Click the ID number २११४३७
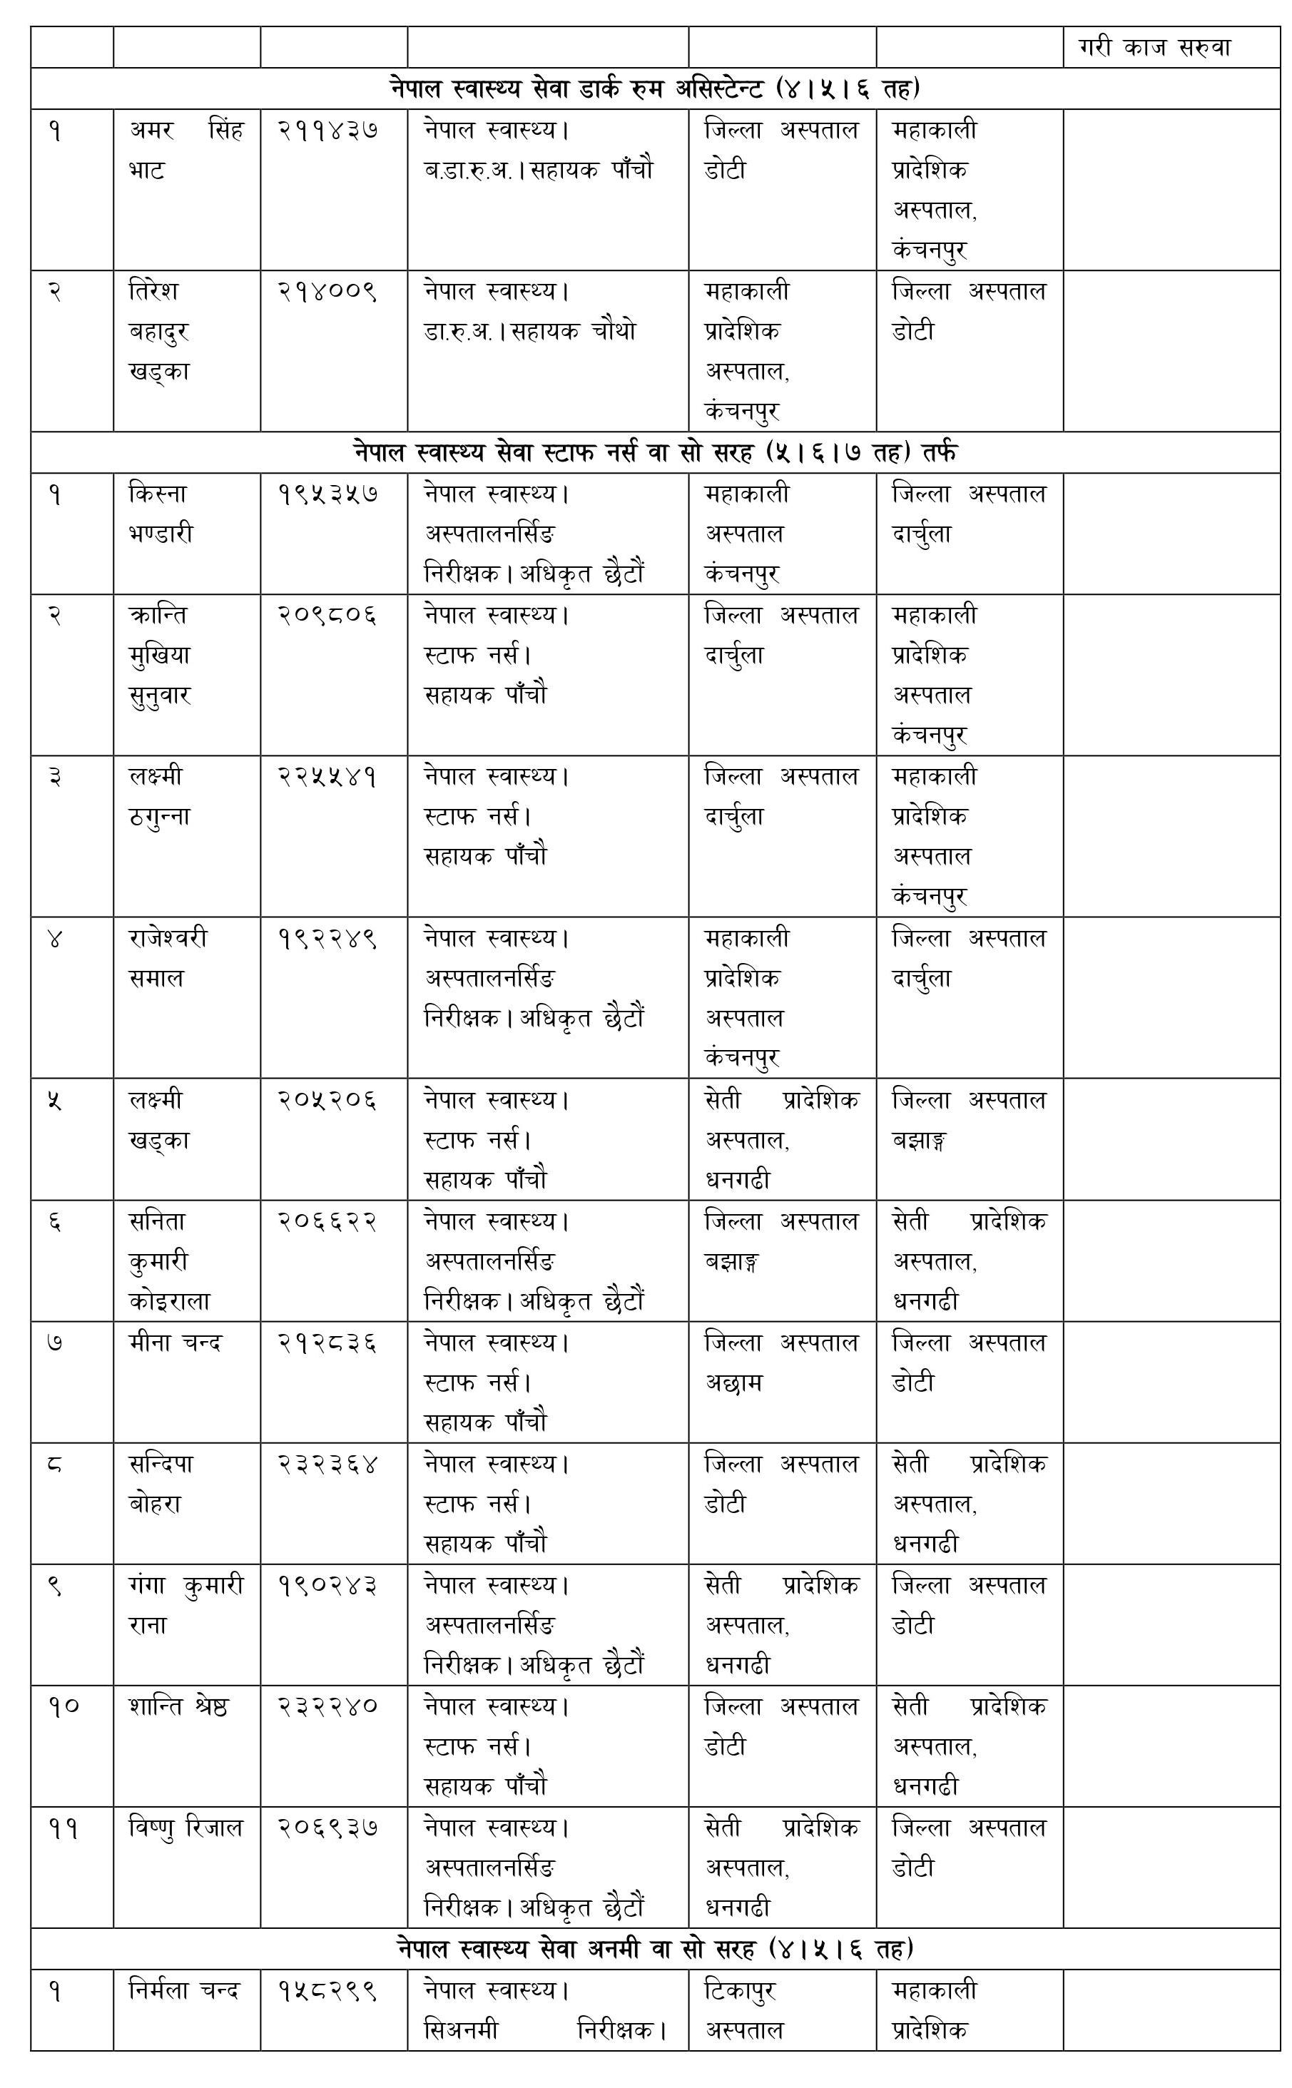(327, 131)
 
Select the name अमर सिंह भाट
(185, 150)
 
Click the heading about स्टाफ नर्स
(654, 452)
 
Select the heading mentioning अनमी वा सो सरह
(654, 1949)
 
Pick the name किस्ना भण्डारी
(161, 514)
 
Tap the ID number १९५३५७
(327, 494)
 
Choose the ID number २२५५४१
(327, 777)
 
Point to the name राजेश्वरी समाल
(168, 958)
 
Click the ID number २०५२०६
(327, 1101)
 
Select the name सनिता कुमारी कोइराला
(169, 1261)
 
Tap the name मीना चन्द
(176, 1343)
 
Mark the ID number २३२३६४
(327, 1465)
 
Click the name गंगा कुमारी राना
(185, 1604)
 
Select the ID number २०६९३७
(327, 1828)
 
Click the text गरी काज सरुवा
(1154, 48)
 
